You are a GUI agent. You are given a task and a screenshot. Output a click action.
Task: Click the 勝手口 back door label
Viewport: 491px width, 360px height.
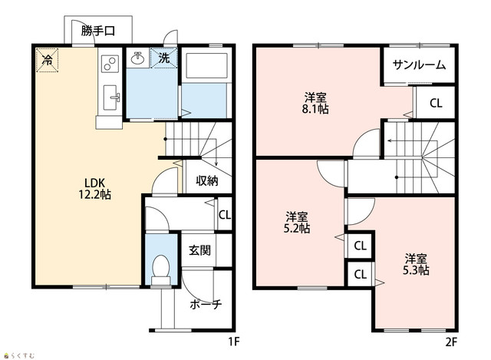click(x=98, y=31)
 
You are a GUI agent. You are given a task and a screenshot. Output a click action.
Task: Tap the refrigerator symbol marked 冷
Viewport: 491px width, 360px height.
click(x=47, y=60)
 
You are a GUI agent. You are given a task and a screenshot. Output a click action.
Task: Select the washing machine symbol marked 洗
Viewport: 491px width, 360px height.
click(x=163, y=58)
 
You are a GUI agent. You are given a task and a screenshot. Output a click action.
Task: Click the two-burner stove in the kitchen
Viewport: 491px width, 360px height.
click(x=110, y=64)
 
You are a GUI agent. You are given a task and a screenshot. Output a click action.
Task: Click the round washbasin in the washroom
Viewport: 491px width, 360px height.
click(x=137, y=58)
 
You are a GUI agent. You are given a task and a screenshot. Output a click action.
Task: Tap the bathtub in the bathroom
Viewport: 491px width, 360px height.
click(x=206, y=66)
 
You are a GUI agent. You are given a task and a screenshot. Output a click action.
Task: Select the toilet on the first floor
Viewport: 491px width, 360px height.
click(x=161, y=269)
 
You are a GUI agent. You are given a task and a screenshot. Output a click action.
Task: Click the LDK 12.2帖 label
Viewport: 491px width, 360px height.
click(x=94, y=189)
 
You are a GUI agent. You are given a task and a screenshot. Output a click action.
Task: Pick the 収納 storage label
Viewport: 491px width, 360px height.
click(x=207, y=180)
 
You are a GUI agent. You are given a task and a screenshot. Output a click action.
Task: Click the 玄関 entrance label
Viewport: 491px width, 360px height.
click(x=199, y=250)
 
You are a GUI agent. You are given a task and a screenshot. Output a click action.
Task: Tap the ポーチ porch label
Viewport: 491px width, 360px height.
click(x=206, y=304)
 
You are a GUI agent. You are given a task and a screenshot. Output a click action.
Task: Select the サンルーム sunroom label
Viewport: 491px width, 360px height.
click(x=419, y=64)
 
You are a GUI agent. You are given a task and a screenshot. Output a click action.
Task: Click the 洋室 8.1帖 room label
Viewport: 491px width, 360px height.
click(x=315, y=103)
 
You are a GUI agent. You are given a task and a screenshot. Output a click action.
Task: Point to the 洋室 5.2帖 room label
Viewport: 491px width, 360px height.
click(x=297, y=223)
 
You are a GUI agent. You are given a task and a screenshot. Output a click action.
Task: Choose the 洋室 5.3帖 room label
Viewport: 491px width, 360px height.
click(x=416, y=264)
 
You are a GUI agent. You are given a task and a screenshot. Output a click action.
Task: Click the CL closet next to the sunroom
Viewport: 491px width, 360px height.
click(x=436, y=103)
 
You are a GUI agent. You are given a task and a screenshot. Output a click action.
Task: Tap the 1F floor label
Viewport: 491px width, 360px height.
click(x=233, y=342)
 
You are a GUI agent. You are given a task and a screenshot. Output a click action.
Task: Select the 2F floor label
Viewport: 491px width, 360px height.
click(x=451, y=342)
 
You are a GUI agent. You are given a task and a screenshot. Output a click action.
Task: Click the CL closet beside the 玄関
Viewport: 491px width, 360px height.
click(x=225, y=215)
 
